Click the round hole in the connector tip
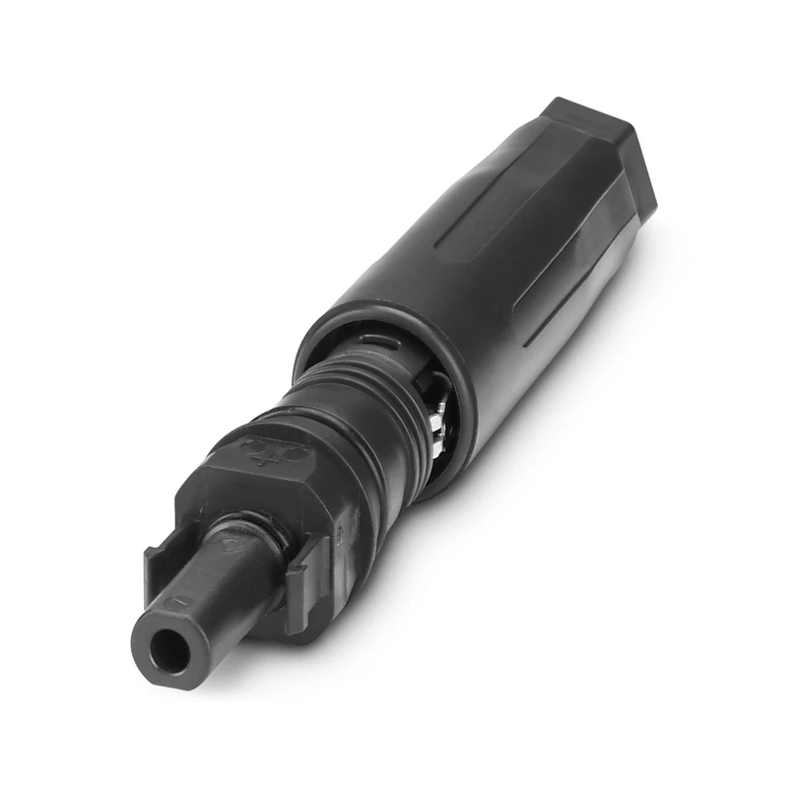(x=163, y=647)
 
